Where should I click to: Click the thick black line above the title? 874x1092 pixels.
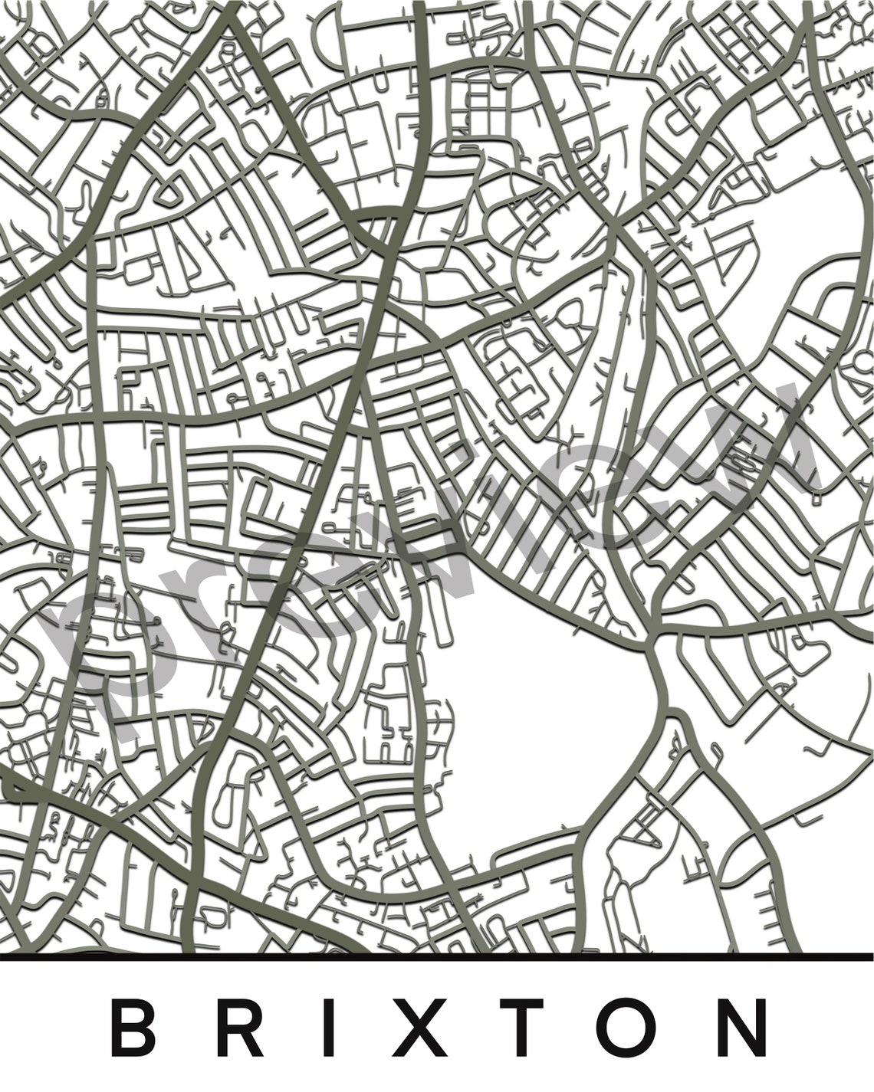[x=437, y=956]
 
